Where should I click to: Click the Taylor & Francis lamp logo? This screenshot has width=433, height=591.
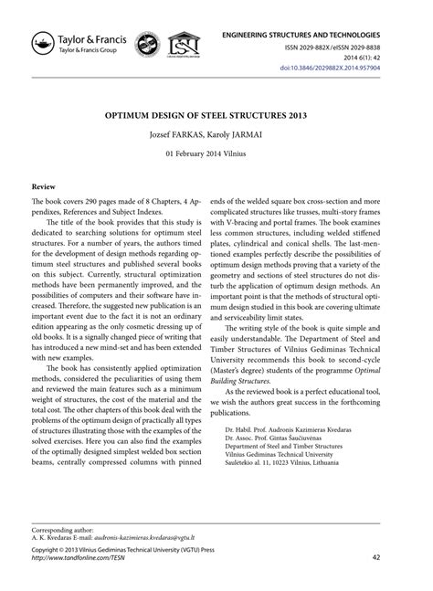(42, 42)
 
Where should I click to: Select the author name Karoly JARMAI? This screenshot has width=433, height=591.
(247, 135)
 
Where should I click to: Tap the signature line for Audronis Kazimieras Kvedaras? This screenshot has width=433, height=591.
(306, 452)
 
